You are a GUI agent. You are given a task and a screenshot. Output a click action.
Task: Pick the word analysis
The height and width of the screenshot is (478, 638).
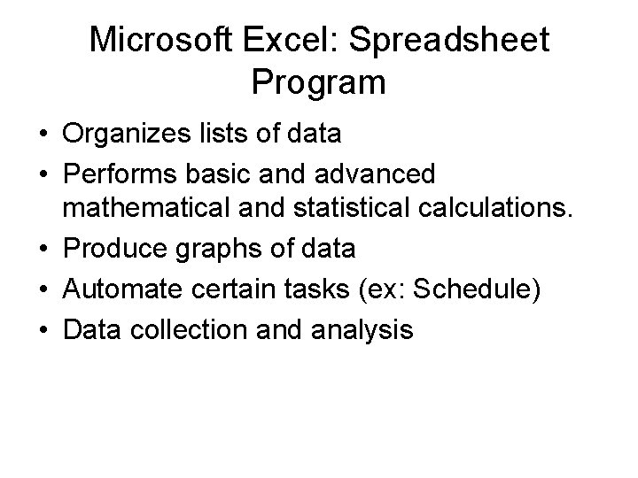click(362, 331)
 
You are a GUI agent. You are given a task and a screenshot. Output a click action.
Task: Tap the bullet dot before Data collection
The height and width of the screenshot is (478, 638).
click(43, 331)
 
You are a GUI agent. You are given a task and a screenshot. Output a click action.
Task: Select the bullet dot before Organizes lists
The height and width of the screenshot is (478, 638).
click(43, 135)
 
